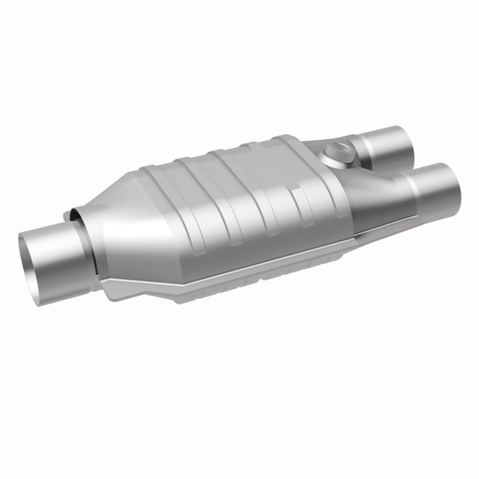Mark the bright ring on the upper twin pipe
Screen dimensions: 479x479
point(365,150)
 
